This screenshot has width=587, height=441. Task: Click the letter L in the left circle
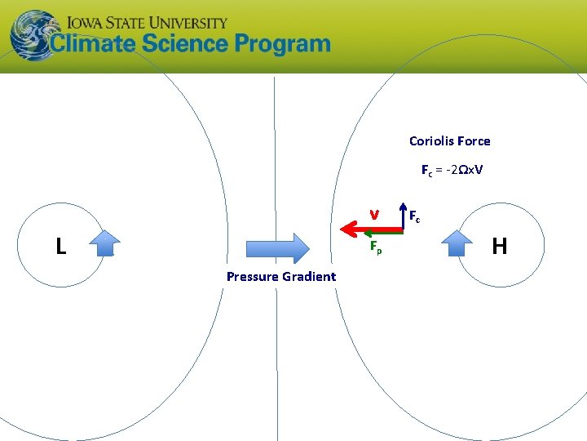60,246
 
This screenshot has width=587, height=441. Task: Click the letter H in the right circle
500,246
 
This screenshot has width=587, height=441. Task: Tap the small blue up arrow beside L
104,243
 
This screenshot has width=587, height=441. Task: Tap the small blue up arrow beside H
457,243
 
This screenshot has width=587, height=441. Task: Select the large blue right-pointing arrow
277,247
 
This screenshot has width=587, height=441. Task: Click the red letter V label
373,215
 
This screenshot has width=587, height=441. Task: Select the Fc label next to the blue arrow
415,216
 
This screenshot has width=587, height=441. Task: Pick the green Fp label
376,246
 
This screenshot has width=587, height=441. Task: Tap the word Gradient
309,277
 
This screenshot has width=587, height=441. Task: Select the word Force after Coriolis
474,141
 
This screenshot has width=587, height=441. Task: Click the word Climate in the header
95,44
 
